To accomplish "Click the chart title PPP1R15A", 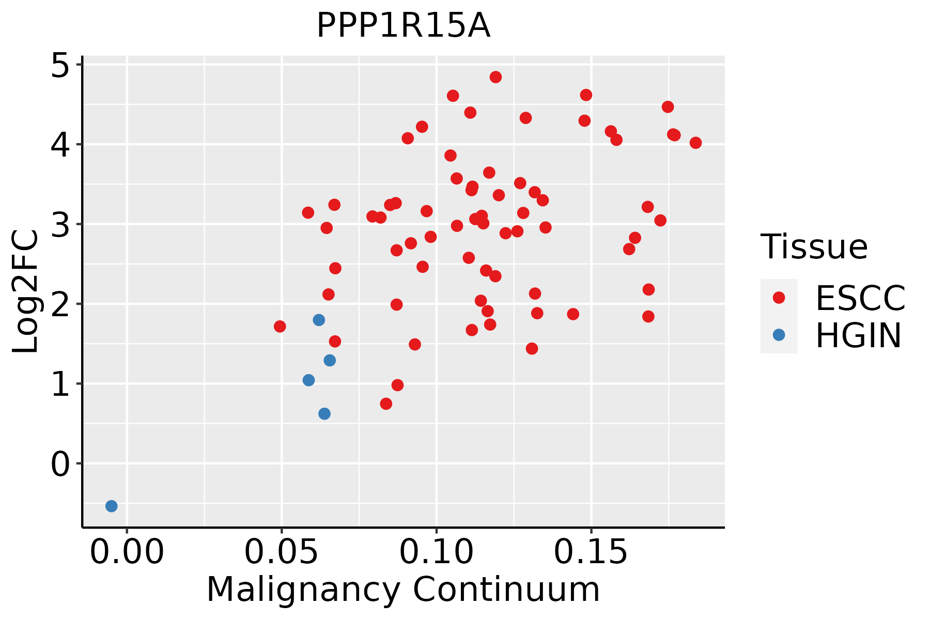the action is pyautogui.click(x=403, y=26).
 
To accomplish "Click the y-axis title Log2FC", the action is pyautogui.click(x=26, y=292).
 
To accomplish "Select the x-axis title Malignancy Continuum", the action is pyautogui.click(x=403, y=590).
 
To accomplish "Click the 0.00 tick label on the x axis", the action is pyautogui.click(x=127, y=553).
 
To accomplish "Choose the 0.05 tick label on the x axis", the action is pyautogui.click(x=282, y=553).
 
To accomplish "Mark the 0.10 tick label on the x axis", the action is pyautogui.click(x=437, y=553).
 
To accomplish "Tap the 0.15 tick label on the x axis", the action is pyautogui.click(x=591, y=553).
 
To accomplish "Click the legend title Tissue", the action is pyautogui.click(x=814, y=247).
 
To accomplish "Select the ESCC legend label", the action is pyautogui.click(x=860, y=298).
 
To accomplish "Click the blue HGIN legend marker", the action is pyautogui.click(x=779, y=335).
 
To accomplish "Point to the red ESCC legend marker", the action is pyautogui.click(x=779, y=298).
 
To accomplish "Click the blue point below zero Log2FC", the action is pyautogui.click(x=112, y=506).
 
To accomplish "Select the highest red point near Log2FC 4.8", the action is pyautogui.click(x=495, y=77).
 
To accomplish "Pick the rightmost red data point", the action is pyautogui.click(x=695, y=143).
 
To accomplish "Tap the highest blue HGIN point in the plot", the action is pyautogui.click(x=319, y=320).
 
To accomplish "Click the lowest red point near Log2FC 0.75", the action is pyautogui.click(x=386, y=404).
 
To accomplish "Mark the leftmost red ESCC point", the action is pyautogui.click(x=280, y=326).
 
